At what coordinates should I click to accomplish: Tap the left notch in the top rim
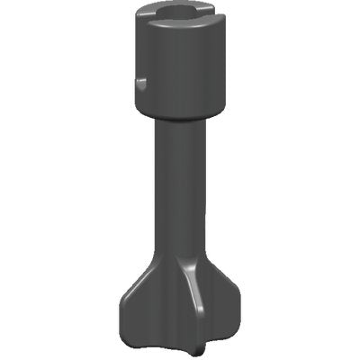(x=147, y=17)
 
